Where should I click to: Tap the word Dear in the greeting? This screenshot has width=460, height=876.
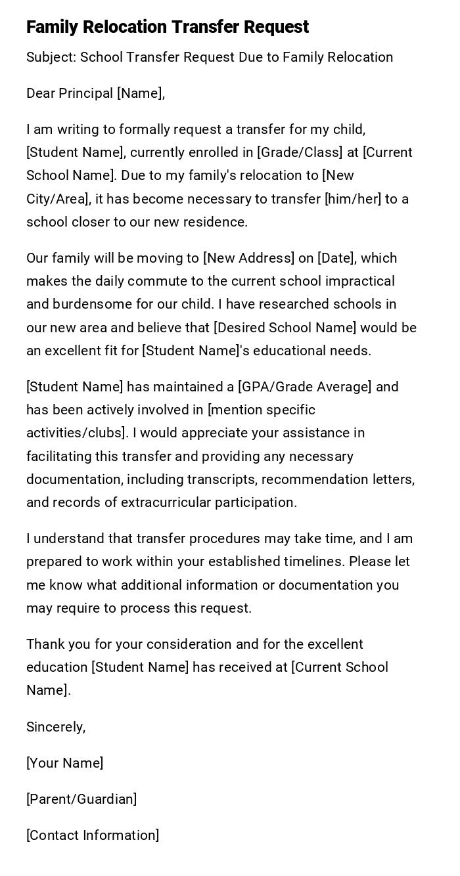(41, 93)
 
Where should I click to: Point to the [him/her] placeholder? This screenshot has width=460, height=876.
(353, 199)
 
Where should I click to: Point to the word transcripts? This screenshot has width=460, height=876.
(221, 479)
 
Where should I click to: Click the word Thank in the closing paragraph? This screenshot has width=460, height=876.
(45, 644)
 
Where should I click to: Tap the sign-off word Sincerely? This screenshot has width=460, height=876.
(56, 727)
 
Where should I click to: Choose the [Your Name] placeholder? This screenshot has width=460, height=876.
(64, 763)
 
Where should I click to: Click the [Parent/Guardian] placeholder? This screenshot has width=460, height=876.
(81, 799)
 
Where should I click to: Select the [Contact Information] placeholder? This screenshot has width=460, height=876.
(93, 835)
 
